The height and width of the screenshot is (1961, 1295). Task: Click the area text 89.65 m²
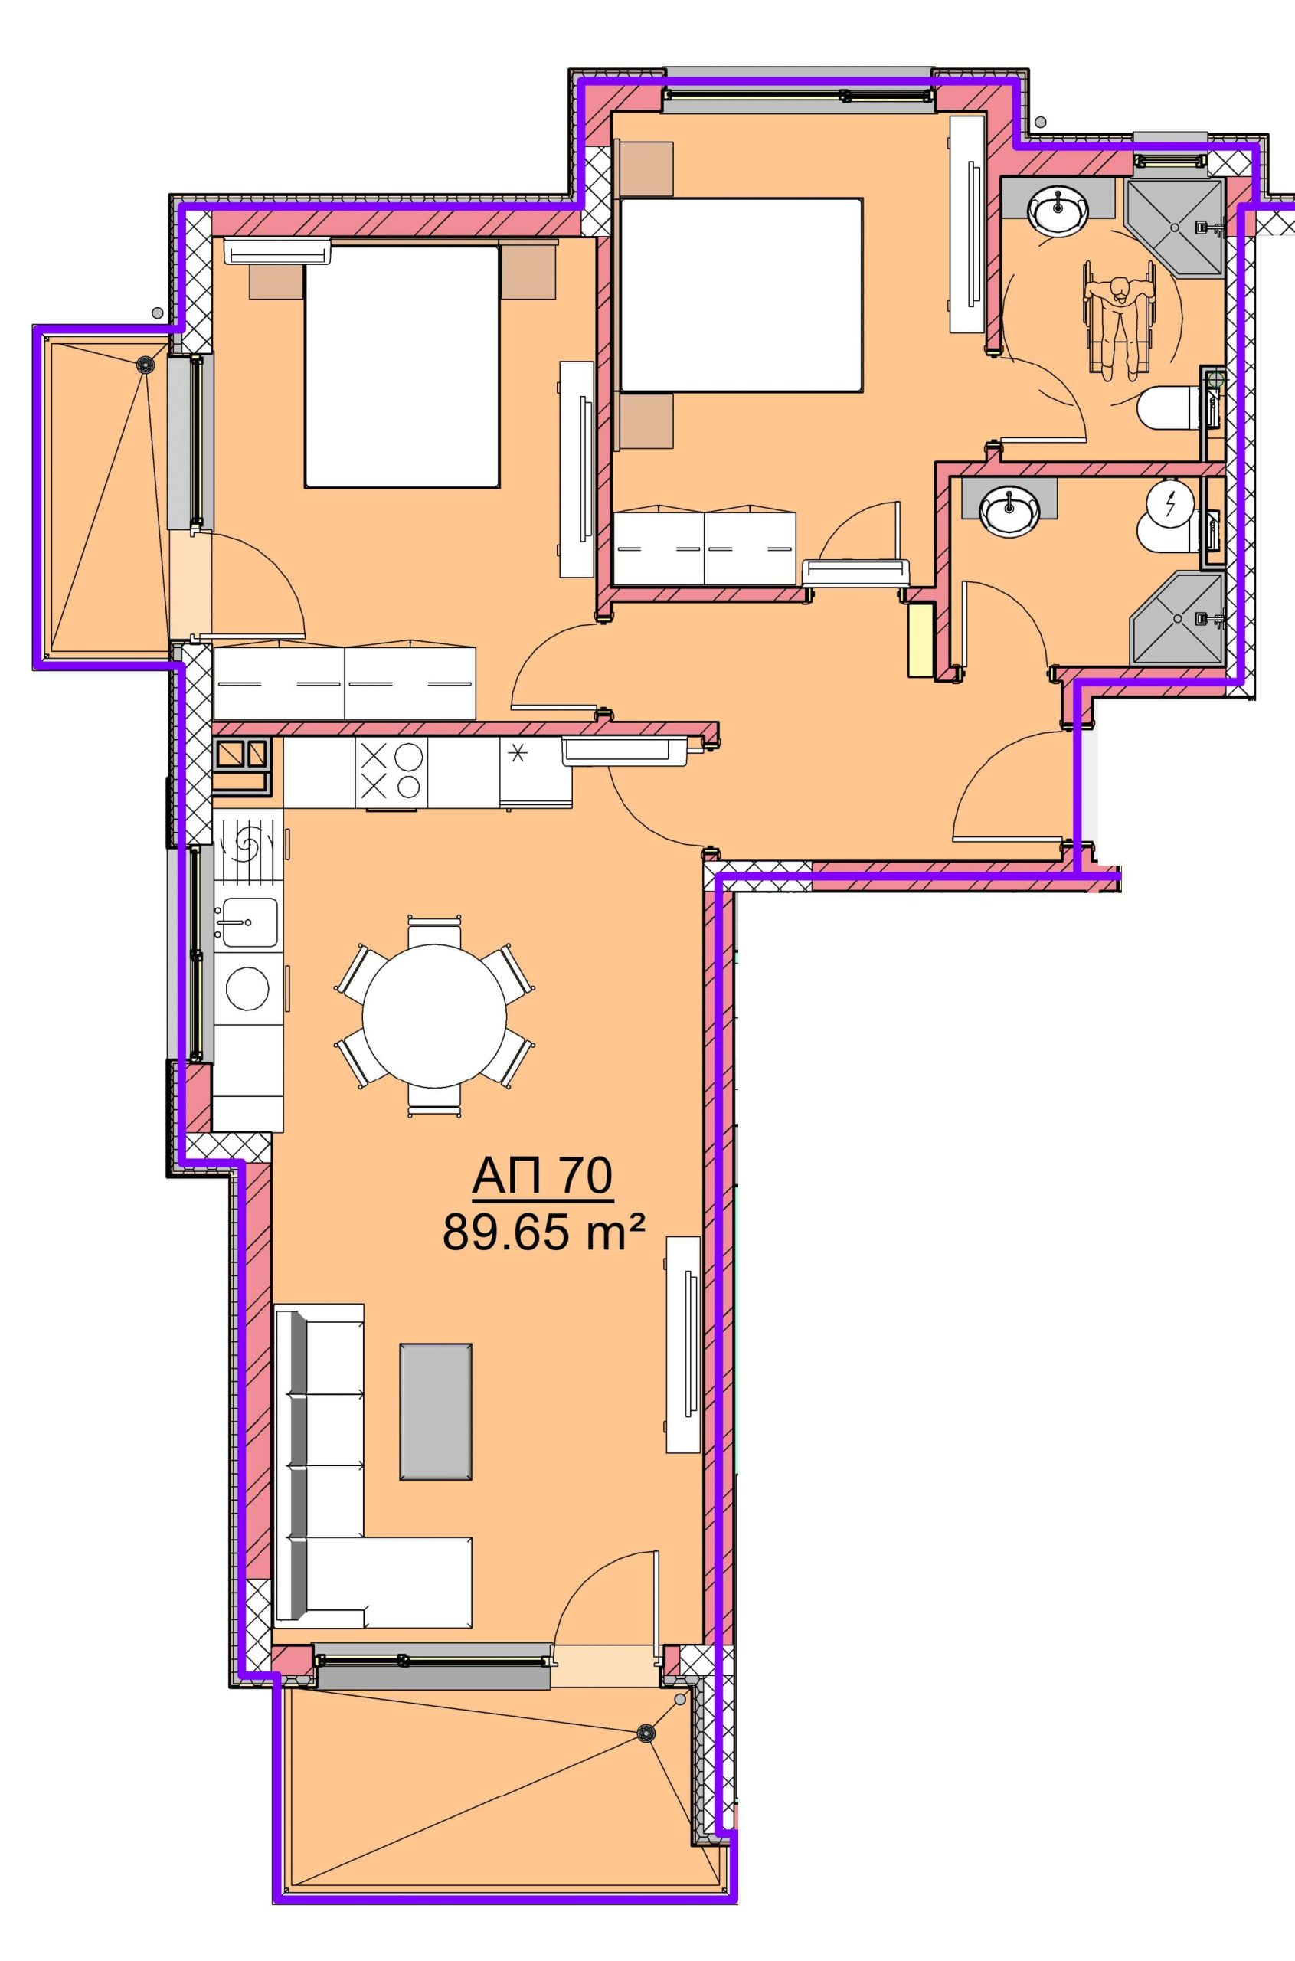point(543,1234)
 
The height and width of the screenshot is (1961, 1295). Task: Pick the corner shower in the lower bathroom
point(1176,617)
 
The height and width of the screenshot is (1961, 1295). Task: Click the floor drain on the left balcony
point(146,362)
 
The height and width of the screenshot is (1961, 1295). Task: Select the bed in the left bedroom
point(402,366)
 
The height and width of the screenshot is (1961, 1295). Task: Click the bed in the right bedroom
point(741,294)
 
